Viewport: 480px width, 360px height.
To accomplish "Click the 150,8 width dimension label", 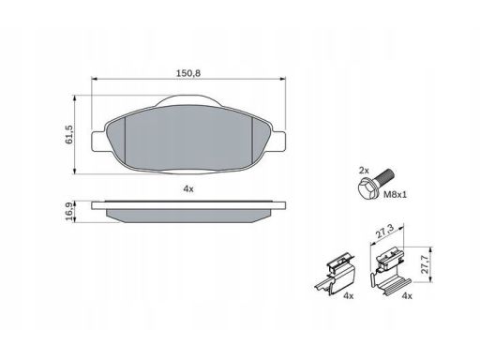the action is click(188, 73).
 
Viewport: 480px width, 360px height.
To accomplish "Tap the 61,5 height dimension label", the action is click(68, 134).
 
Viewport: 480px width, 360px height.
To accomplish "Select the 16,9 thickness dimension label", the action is click(69, 211).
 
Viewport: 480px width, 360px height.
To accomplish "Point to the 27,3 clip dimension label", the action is click(384, 231).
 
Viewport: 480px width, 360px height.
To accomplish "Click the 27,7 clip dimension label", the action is click(425, 264).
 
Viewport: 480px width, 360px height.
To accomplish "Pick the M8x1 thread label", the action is click(396, 195).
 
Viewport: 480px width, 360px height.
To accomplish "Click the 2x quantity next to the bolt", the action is click(364, 171).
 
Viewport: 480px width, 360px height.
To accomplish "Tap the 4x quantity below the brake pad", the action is click(188, 188).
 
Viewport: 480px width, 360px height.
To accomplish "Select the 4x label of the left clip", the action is click(348, 295).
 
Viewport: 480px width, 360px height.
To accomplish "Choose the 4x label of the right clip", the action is click(407, 295).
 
